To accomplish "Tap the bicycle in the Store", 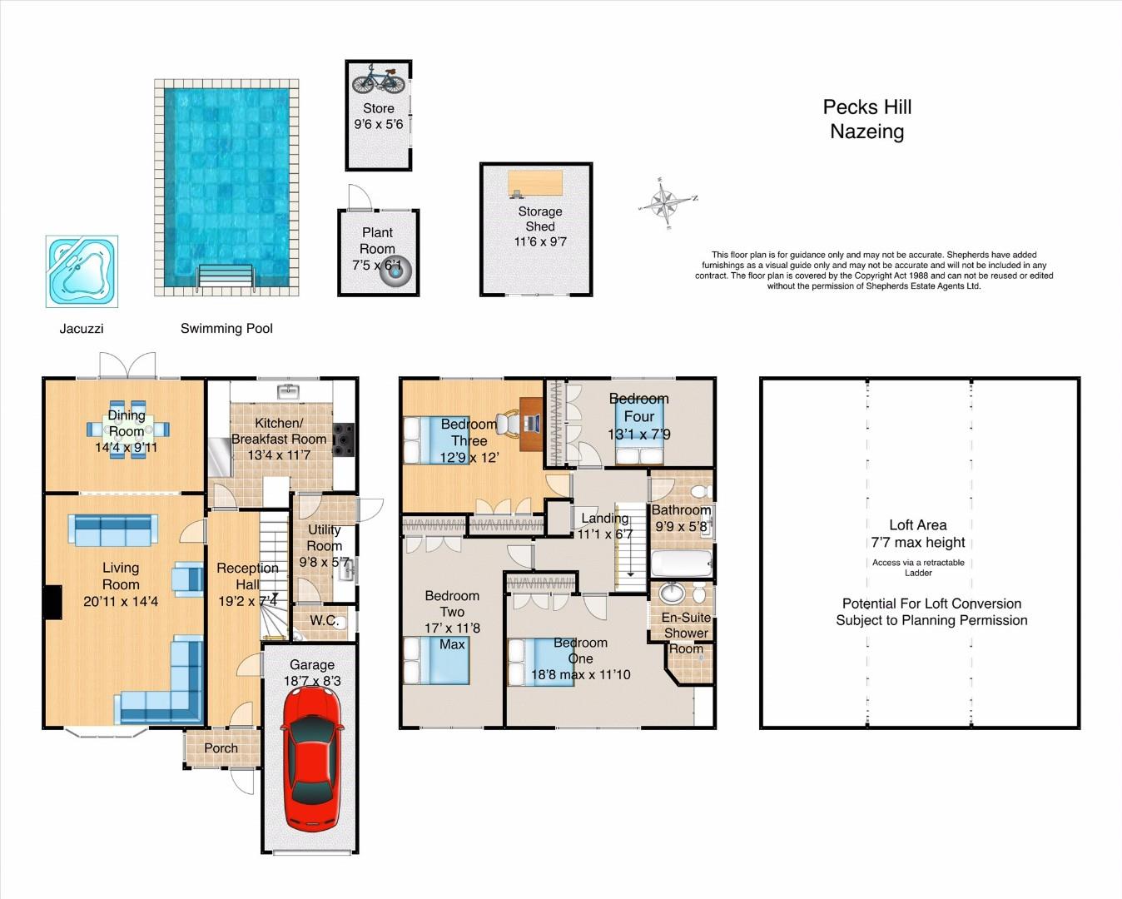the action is [x=379, y=80].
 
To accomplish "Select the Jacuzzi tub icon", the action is [x=82, y=271].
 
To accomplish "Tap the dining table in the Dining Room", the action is [x=127, y=430].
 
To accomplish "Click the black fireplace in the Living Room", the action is [x=52, y=603].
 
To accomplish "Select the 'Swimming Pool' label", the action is [x=226, y=329].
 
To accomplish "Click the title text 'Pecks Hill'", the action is [x=867, y=107].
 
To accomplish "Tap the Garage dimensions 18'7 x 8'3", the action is [x=312, y=681].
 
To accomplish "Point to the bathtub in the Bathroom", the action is [x=682, y=564].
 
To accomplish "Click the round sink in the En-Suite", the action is [x=673, y=593].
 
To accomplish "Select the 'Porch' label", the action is [x=221, y=748].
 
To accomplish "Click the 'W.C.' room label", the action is [x=325, y=620].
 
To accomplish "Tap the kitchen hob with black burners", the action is [x=344, y=439].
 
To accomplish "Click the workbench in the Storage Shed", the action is [x=535, y=184].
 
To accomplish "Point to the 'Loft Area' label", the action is [x=917, y=524].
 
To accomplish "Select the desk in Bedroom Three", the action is [x=532, y=423].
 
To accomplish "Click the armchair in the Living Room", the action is [x=187, y=579].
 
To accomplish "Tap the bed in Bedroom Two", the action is [x=437, y=660].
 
